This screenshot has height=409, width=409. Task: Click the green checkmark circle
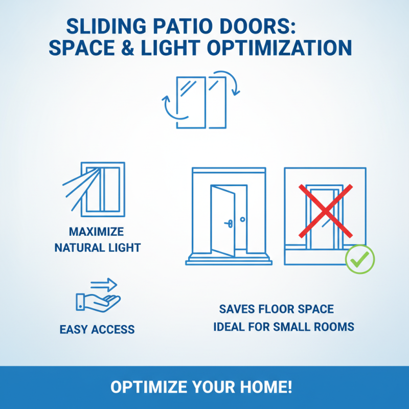360,259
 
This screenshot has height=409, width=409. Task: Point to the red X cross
325,211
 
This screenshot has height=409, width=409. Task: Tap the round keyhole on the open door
242,219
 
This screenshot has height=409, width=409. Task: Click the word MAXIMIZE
97,232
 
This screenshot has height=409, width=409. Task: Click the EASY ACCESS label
97,329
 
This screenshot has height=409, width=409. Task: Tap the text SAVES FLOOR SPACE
277,309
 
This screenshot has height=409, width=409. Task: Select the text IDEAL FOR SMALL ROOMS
284,326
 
